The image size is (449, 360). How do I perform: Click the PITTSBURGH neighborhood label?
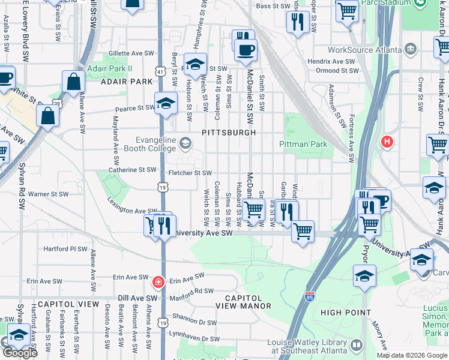(x=229, y=132)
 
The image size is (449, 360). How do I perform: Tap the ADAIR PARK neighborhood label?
(x=127, y=81)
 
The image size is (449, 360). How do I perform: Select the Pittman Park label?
(x=303, y=144)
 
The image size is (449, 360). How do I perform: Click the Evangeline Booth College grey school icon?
(x=185, y=142)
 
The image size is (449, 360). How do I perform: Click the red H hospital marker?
(x=387, y=142)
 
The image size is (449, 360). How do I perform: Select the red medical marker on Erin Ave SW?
(x=158, y=281)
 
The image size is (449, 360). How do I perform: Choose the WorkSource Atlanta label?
(x=365, y=50)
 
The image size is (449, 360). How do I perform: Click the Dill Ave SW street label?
(x=133, y=298)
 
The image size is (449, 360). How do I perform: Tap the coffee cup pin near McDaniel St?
(x=245, y=50)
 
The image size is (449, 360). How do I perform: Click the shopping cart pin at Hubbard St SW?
(x=254, y=210)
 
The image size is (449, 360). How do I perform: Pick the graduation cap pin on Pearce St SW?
(x=166, y=104)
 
